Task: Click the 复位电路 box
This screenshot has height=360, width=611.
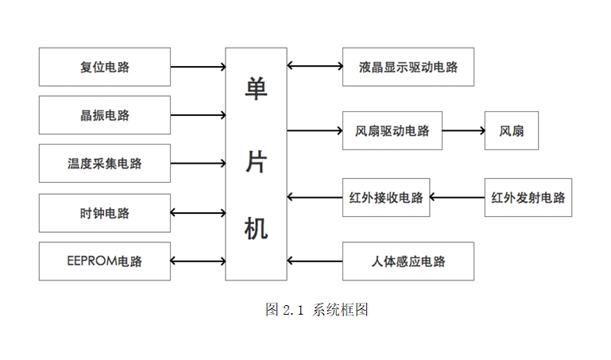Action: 104,67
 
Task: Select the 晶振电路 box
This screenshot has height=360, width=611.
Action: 104,115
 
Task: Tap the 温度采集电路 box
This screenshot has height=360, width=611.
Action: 104,164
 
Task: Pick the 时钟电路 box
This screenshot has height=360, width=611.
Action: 104,213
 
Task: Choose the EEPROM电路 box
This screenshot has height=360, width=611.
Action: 104,261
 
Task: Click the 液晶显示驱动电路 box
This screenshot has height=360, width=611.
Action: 408,67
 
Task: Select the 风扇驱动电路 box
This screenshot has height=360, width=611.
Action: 392,130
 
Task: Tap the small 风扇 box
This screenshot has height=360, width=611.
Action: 511,130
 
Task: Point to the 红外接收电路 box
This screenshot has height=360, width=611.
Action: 386,197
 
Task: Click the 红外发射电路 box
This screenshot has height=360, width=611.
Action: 528,197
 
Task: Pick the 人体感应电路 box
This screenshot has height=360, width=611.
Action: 408,261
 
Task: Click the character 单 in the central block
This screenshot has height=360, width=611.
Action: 256,88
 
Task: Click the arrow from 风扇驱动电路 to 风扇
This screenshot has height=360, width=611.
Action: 463,130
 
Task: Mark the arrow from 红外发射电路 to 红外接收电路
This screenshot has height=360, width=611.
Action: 457,197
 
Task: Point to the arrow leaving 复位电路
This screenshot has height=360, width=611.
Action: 198,67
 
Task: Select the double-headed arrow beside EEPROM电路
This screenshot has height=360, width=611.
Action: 198,261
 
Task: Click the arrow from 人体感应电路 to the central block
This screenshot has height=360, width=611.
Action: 315,261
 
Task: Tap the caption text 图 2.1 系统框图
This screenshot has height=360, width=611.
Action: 316,310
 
